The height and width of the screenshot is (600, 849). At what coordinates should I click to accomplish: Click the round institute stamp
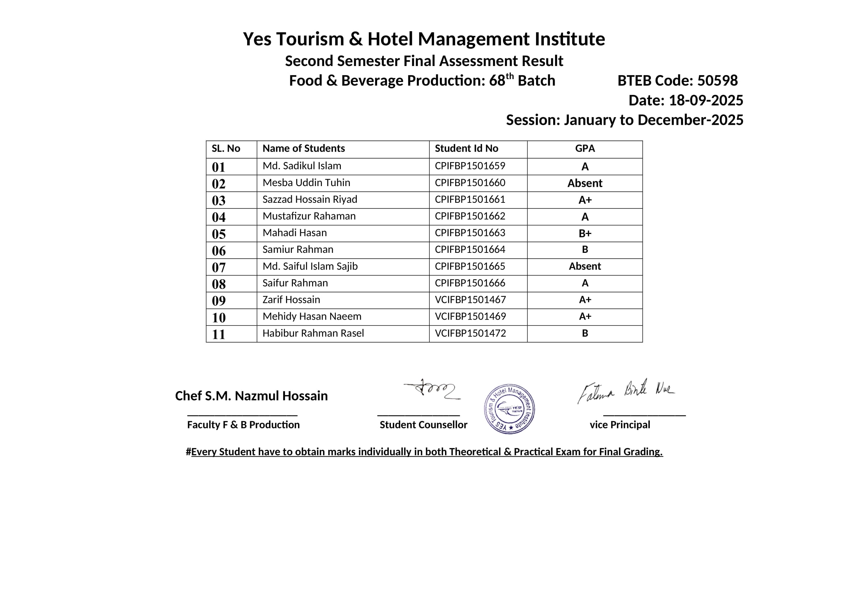coord(509,408)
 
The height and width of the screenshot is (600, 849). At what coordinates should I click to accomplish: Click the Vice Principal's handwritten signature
coord(626,391)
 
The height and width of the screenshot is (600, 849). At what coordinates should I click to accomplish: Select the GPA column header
coord(585,148)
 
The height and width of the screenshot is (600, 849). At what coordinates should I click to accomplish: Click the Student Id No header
coord(466,148)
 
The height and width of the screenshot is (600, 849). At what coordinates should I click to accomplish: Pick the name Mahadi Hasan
coord(294,233)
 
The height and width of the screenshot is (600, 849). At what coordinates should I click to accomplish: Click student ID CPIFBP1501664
coord(470,249)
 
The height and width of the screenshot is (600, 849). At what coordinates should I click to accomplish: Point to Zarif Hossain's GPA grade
coord(585,300)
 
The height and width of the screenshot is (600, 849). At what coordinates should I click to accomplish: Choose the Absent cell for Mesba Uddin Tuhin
coord(585,183)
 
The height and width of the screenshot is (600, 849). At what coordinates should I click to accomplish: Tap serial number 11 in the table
coord(219,334)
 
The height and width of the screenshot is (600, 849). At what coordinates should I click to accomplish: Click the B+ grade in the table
coord(585,234)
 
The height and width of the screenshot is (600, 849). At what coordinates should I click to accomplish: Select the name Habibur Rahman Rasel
coord(313,333)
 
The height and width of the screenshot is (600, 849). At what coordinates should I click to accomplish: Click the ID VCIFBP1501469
coord(470,316)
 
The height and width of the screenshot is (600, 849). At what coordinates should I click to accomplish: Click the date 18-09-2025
coord(706,100)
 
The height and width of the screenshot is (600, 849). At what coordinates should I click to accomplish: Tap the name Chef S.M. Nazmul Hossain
coord(251,396)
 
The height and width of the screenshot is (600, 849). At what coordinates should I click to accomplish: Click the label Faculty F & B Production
coord(243,425)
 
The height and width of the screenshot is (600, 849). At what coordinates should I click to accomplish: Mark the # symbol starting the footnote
coord(188,452)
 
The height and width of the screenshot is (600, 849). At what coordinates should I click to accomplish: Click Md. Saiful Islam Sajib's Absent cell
coord(585,266)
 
